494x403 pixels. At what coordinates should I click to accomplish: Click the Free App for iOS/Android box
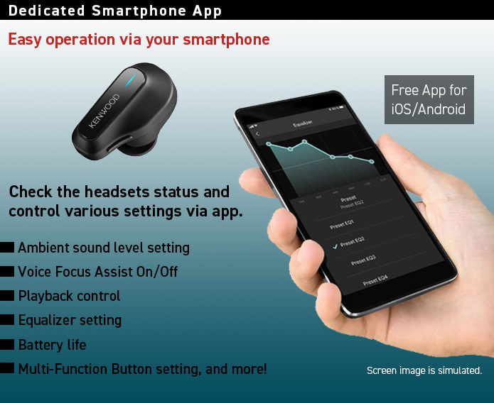tap(429, 100)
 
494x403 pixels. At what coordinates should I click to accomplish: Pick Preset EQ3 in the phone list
tap(363, 260)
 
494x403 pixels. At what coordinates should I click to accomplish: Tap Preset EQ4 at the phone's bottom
tap(375, 281)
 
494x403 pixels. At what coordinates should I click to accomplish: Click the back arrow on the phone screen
tap(257, 133)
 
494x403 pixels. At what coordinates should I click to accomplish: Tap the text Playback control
tap(69, 296)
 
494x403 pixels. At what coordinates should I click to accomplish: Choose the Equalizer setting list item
tap(70, 320)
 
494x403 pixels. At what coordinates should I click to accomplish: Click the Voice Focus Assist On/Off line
tap(97, 272)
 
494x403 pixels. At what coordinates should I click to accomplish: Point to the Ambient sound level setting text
tap(103, 248)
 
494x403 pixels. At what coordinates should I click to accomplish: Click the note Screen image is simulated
tap(424, 370)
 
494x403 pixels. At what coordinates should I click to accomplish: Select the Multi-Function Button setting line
tap(142, 369)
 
